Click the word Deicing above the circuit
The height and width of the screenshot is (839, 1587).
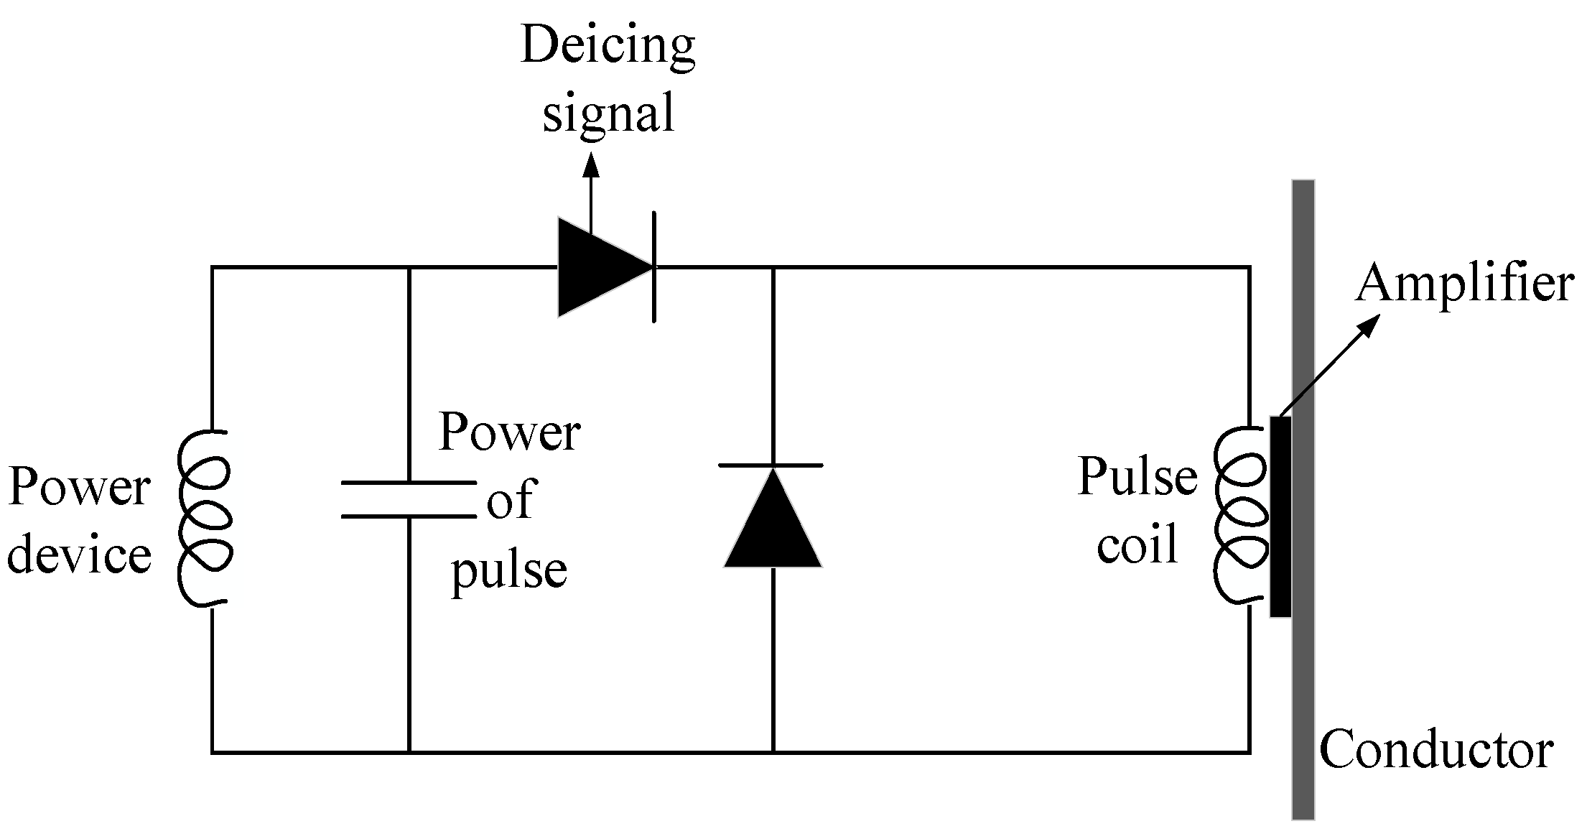click(x=608, y=47)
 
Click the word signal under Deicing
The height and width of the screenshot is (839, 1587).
click(x=608, y=113)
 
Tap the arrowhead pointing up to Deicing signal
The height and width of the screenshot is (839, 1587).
click(x=590, y=165)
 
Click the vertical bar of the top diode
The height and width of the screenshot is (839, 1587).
click(x=653, y=267)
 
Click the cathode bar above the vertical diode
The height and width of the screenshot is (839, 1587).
click(x=771, y=465)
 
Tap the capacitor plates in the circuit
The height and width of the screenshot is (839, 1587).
click(x=408, y=499)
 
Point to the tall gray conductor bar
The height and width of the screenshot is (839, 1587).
click(x=1303, y=682)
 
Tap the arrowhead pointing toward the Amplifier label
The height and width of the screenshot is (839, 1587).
click(x=1369, y=326)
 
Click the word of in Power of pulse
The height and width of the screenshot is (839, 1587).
click(x=509, y=501)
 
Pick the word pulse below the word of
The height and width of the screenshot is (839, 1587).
click(x=509, y=571)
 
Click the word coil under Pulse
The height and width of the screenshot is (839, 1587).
click(x=1137, y=544)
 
